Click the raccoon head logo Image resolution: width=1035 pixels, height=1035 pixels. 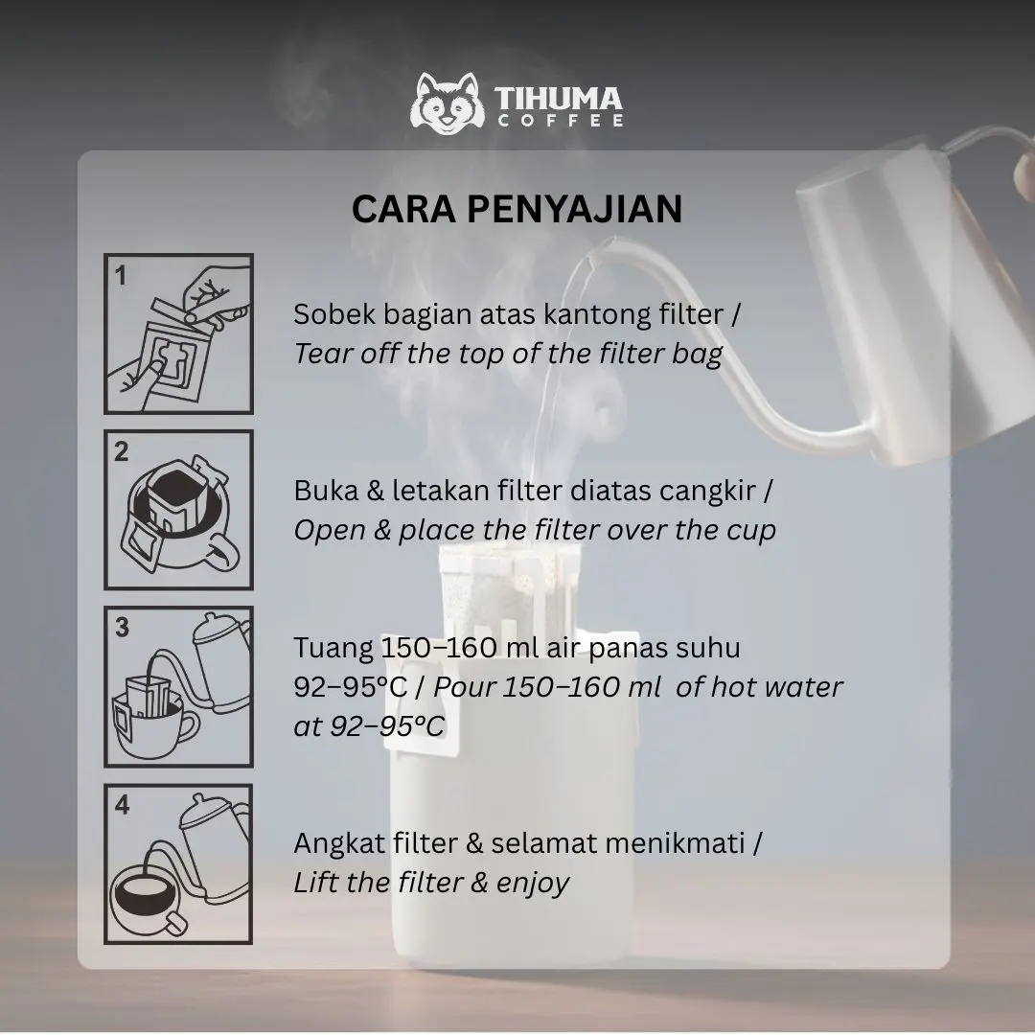[448, 104]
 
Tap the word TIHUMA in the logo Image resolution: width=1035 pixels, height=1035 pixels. [559, 99]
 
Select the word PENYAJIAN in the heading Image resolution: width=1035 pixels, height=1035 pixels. [574, 209]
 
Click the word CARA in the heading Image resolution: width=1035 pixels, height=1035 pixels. [403, 209]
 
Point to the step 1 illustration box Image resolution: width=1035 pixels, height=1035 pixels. [178, 333]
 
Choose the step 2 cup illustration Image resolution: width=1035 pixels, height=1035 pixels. [178, 510]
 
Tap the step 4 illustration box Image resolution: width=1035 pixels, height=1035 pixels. [178, 864]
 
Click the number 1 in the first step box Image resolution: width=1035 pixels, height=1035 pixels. [120, 275]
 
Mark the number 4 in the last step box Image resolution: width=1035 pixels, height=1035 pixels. [122, 805]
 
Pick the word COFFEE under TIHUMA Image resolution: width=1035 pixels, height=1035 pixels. [560, 121]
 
